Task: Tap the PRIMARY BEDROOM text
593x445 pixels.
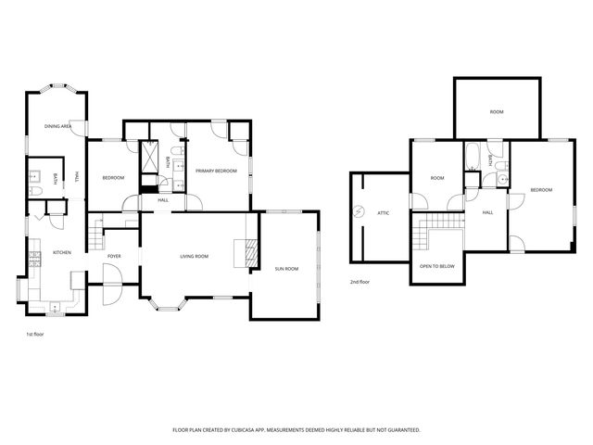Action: click(x=216, y=171)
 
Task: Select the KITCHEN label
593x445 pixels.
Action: click(x=61, y=252)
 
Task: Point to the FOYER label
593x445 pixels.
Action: click(x=114, y=256)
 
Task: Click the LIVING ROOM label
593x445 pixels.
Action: click(x=194, y=256)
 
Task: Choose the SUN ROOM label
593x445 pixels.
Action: click(x=286, y=269)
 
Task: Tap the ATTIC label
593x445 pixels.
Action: click(x=383, y=212)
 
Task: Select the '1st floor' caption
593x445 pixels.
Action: click(x=34, y=333)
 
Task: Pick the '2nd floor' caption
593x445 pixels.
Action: click(x=360, y=282)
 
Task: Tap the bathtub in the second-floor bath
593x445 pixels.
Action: click(x=471, y=158)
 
